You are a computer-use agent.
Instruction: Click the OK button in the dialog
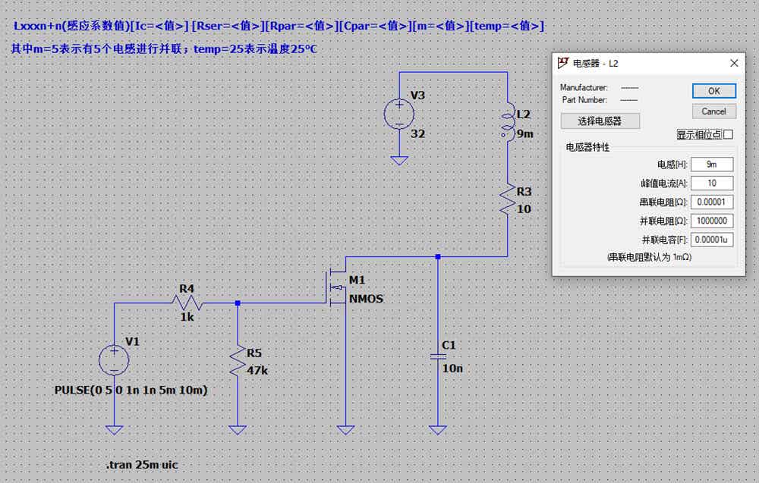click(714, 91)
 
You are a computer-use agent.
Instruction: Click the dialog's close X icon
click(734, 64)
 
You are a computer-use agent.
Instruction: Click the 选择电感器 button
click(600, 121)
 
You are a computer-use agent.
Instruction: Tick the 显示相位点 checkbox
click(729, 134)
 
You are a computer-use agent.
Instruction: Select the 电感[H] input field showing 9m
click(712, 165)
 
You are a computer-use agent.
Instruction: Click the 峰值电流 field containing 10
click(712, 183)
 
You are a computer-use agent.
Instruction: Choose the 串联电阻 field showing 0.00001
click(712, 202)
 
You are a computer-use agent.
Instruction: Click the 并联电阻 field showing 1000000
click(712, 221)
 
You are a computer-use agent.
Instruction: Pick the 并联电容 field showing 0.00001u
click(712, 240)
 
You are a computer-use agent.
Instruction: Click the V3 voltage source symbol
click(399, 114)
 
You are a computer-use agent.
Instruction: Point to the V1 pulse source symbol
click(114, 361)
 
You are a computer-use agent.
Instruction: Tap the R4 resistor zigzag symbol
click(187, 303)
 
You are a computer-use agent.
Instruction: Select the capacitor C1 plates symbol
click(438, 357)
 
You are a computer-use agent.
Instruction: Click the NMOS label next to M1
click(366, 299)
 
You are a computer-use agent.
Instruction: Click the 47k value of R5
click(257, 370)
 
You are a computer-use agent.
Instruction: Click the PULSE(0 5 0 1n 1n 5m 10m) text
click(131, 390)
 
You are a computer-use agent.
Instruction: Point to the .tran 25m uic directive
click(142, 465)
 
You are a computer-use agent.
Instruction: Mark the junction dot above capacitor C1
click(438, 257)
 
